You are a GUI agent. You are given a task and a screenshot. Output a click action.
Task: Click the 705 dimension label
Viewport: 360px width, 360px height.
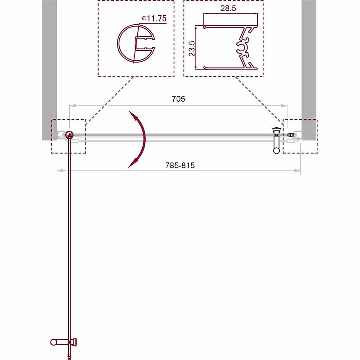(x=178, y=99)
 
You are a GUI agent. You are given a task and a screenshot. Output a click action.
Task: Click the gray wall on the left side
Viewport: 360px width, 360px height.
(x=49, y=67)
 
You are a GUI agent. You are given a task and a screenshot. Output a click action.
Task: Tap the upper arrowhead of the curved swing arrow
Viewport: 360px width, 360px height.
(x=132, y=113)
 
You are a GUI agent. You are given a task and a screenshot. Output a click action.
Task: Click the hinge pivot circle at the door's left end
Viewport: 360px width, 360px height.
(x=69, y=135)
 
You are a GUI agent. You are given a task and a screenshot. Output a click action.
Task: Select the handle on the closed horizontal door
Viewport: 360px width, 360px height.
(x=276, y=140)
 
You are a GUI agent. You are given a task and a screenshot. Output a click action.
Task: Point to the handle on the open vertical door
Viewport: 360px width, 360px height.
(x=63, y=342)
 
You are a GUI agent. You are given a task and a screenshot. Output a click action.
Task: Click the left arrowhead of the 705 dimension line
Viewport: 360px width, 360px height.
(x=71, y=106)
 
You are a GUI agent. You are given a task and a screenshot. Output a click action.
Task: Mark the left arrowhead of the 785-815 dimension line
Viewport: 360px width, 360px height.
(x=58, y=171)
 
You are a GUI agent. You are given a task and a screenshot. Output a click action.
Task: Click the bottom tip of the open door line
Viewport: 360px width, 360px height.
(x=69, y=357)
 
